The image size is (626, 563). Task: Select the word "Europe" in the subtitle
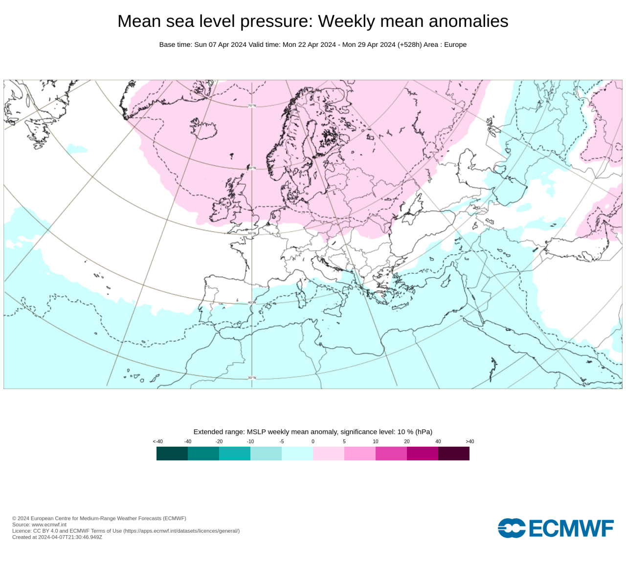[x=455, y=44]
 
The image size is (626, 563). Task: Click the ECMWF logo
[x=556, y=528]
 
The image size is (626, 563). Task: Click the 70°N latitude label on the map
[x=252, y=106]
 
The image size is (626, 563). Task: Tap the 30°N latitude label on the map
[x=252, y=378]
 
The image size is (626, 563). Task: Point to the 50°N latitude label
[x=252, y=234]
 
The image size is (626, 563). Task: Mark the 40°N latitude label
[x=252, y=303]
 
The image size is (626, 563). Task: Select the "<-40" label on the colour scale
[x=157, y=441]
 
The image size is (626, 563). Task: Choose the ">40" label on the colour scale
[x=469, y=441]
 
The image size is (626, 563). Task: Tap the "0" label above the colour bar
[x=313, y=441]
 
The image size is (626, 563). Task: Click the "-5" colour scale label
[x=282, y=441]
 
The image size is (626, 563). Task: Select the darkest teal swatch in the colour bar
[x=172, y=454]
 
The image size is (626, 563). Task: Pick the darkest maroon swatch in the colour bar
[x=454, y=454]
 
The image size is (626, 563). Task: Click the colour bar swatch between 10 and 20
[x=391, y=454]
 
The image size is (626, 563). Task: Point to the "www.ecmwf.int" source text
[x=49, y=524]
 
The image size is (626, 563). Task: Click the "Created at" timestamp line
[x=57, y=537]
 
